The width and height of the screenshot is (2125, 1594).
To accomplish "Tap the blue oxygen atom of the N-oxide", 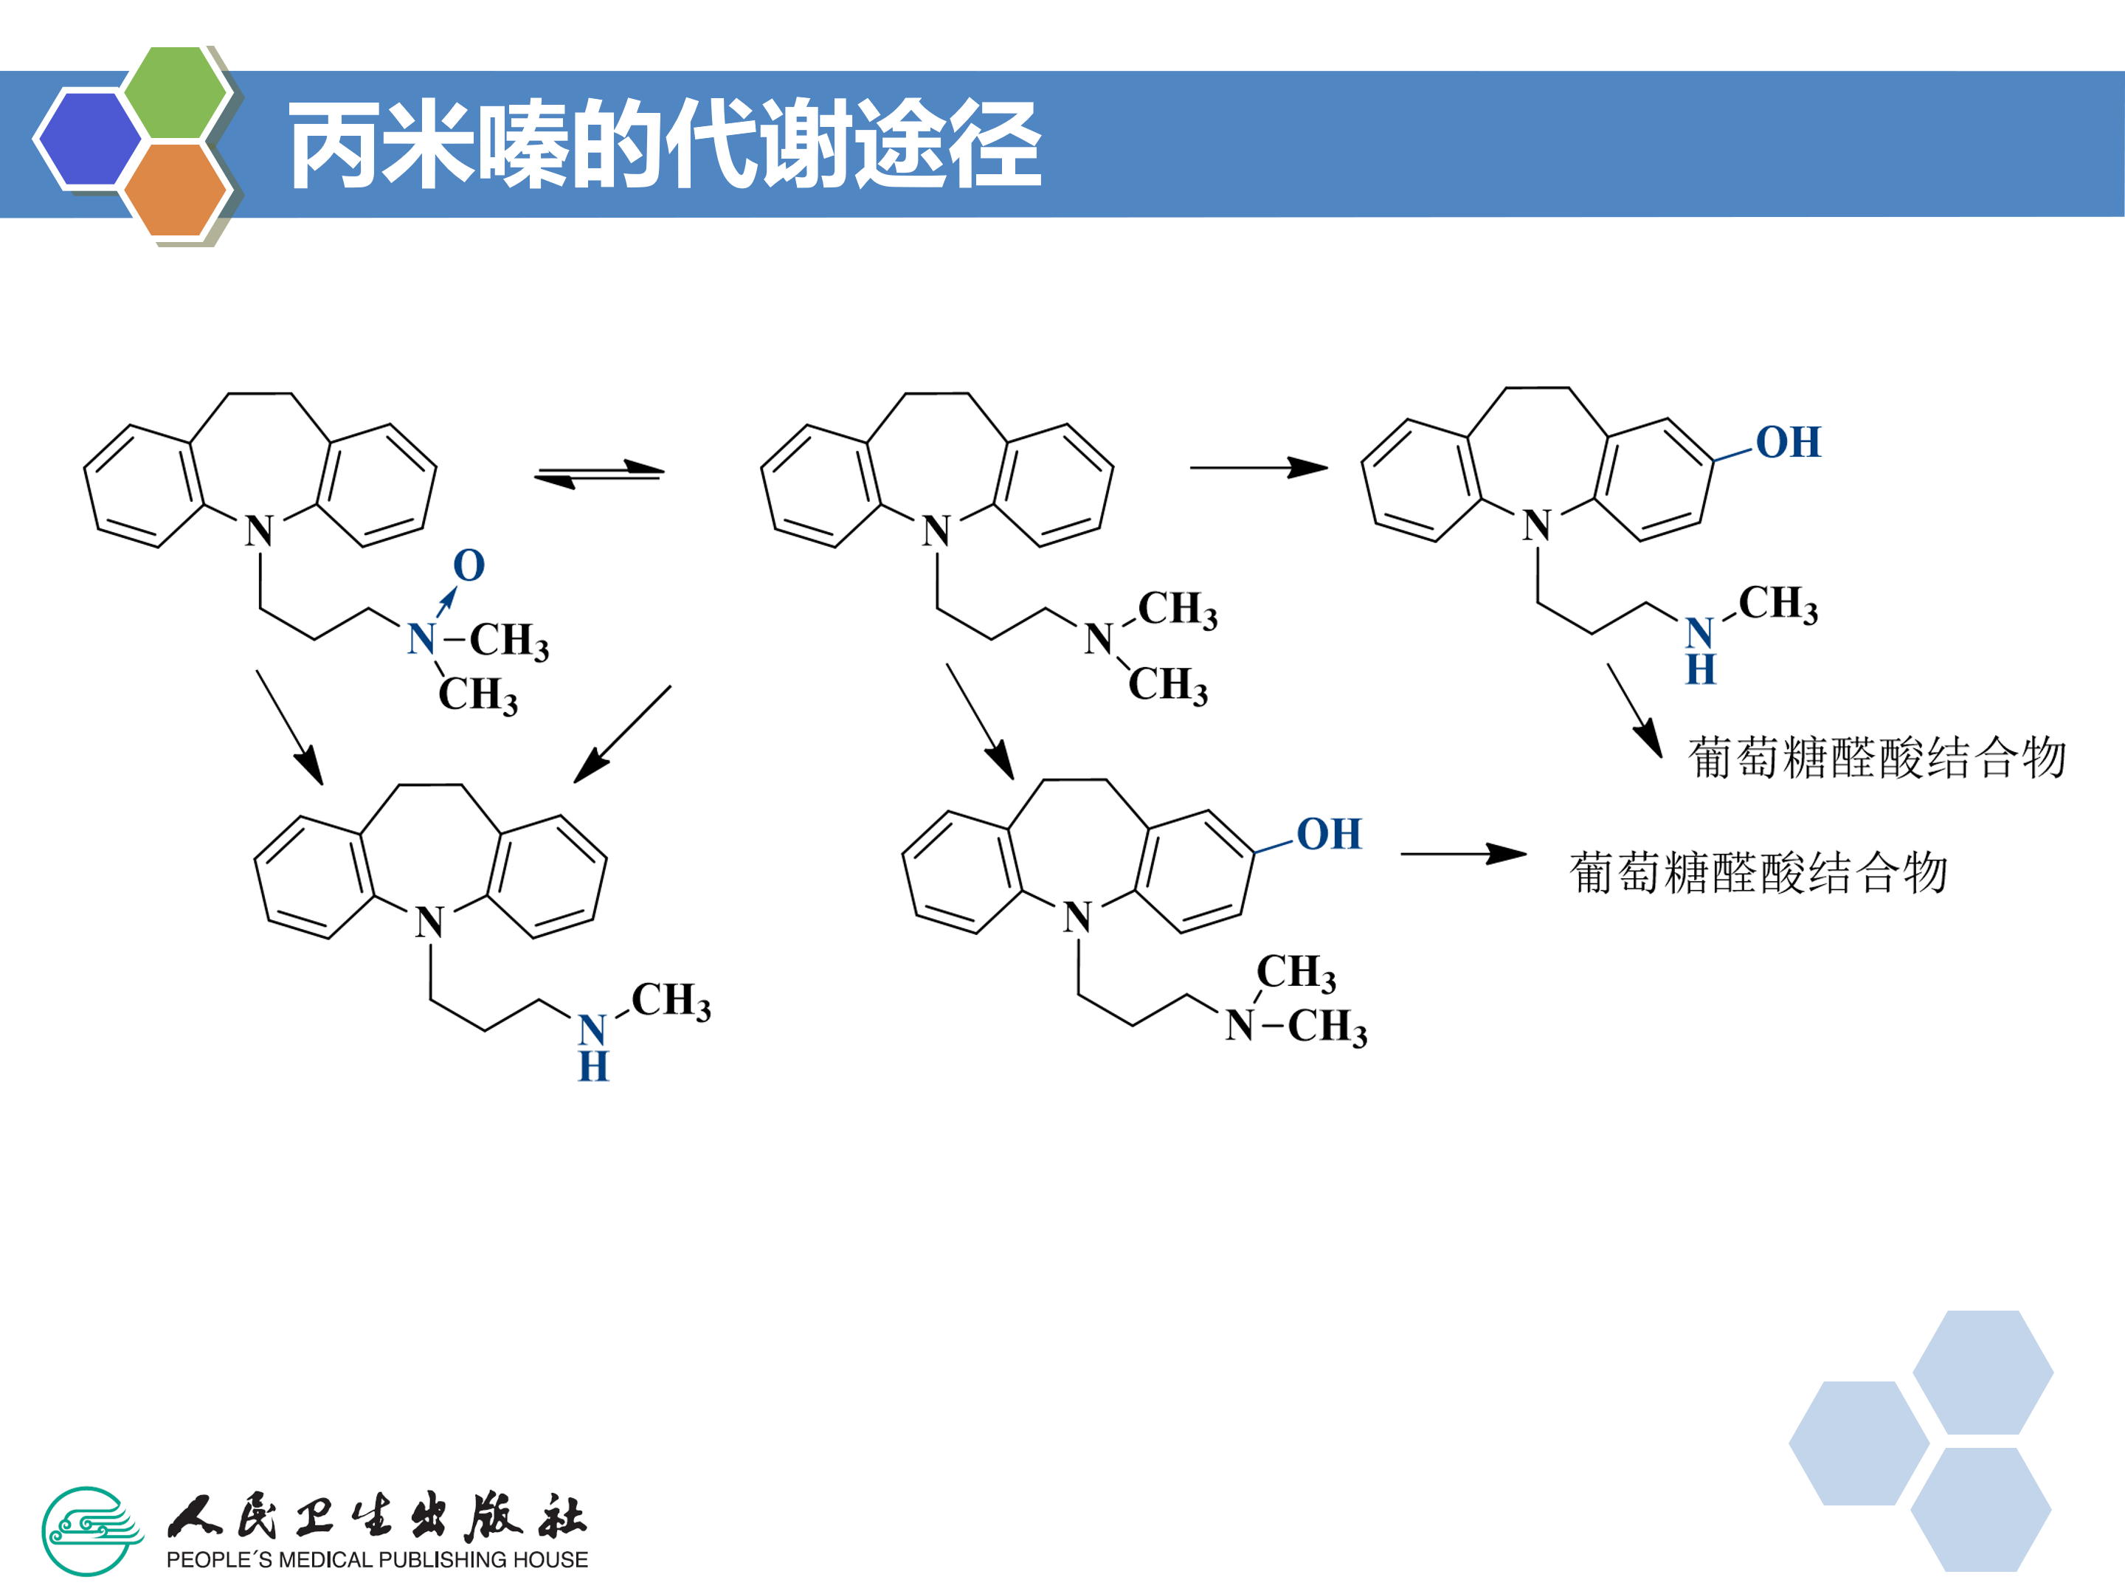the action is tap(469, 565).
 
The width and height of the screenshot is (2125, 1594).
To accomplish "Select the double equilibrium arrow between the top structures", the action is tap(599, 473).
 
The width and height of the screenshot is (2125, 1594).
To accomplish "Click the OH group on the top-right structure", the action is tap(1788, 442).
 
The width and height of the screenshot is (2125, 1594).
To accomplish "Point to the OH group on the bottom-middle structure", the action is tap(1329, 834).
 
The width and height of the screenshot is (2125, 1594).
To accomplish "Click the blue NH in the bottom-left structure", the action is tap(592, 1048).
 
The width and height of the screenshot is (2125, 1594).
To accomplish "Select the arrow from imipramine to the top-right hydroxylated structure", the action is tap(1259, 468).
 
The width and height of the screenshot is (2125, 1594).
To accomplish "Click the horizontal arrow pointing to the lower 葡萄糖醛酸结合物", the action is tap(1464, 853).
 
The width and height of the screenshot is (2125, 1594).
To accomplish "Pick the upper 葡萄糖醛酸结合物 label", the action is tap(1877, 757).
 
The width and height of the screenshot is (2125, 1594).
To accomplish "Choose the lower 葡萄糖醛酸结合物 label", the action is tap(1759, 872).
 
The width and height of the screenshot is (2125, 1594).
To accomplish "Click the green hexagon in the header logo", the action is tap(176, 93).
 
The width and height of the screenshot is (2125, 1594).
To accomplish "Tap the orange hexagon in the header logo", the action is tap(176, 189).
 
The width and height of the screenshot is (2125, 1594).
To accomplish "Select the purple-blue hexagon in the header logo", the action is tap(89, 138).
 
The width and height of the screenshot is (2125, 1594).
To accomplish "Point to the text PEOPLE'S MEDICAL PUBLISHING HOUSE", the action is tap(376, 1559).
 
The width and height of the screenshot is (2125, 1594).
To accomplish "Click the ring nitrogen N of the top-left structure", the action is tap(260, 531).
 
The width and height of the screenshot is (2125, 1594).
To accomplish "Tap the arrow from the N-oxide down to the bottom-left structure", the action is tap(289, 728).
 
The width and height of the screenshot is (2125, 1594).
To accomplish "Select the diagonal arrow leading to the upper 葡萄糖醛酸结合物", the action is tap(1635, 711).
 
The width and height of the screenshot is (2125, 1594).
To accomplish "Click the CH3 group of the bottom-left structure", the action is tap(671, 1000).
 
